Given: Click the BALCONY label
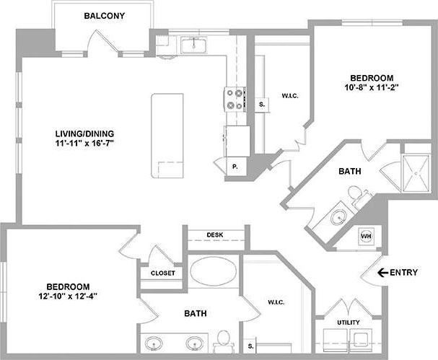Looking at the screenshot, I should [x=107, y=16].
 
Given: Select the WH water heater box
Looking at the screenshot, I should [x=366, y=236].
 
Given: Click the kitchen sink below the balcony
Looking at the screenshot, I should [x=193, y=46].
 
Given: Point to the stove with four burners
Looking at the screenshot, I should [x=235, y=99].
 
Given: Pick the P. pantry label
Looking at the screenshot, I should [x=235, y=167].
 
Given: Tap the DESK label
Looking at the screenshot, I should [x=214, y=235].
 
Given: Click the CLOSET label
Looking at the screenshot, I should [x=162, y=273].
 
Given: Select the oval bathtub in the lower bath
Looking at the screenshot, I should [x=212, y=272].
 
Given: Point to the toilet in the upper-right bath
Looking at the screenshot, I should [x=355, y=193].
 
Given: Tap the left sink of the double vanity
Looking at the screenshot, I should [x=153, y=343].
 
